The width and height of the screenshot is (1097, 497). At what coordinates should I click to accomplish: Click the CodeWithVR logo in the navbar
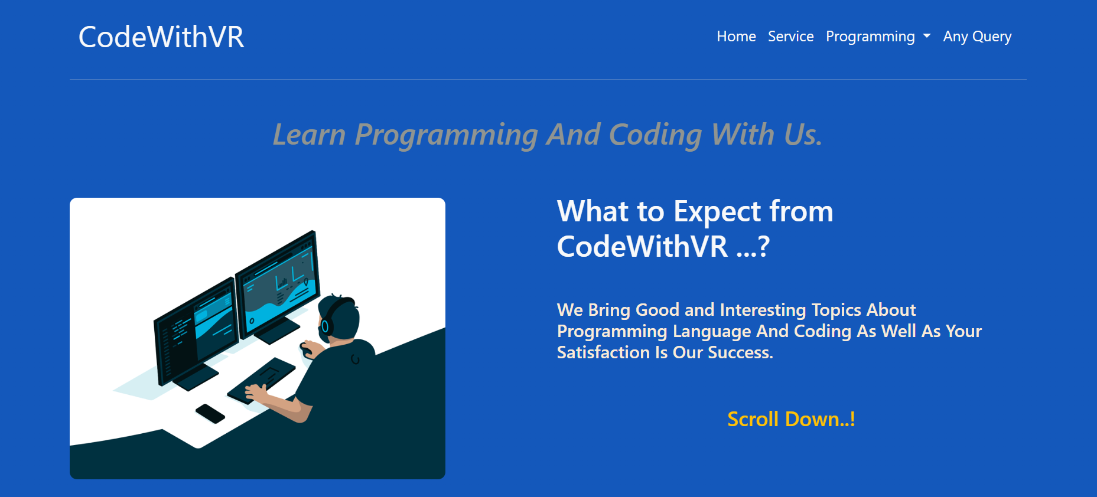(161, 37)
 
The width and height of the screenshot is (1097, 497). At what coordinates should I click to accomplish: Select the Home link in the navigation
(736, 37)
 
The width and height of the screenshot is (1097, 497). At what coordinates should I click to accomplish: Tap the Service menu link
(790, 37)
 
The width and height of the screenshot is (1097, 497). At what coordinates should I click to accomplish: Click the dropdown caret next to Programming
(927, 37)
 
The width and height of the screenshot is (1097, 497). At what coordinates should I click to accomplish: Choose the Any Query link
(977, 37)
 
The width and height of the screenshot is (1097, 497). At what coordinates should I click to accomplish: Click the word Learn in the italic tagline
(309, 135)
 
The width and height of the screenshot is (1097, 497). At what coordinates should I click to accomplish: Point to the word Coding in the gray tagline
(655, 135)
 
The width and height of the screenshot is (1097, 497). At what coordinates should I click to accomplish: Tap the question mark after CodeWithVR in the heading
(763, 246)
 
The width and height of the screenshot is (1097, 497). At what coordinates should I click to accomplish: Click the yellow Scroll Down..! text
(791, 419)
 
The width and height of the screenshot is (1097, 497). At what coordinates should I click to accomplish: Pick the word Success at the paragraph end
(740, 352)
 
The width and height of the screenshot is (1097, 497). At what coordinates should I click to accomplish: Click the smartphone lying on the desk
(210, 413)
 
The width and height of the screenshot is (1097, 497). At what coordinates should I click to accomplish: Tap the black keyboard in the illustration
(262, 380)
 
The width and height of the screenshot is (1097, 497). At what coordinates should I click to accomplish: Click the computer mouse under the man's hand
(305, 350)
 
